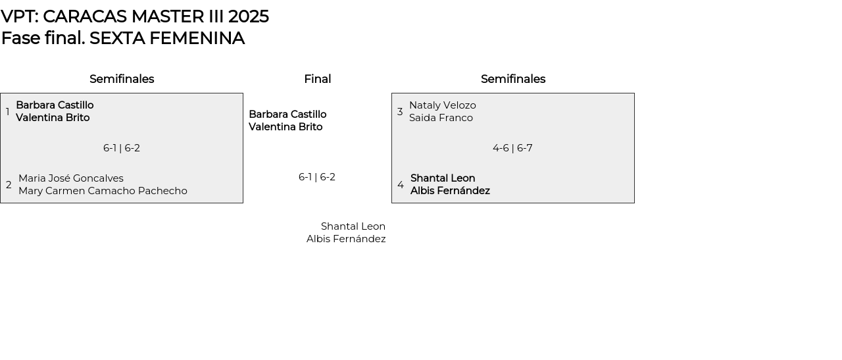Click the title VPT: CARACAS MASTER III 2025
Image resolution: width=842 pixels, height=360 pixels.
[x=135, y=16]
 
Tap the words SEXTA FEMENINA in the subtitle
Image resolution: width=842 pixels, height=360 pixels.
[x=167, y=38]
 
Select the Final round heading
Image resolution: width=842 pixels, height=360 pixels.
[x=317, y=79]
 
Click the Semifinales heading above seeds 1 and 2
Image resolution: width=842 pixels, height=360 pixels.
[x=122, y=79]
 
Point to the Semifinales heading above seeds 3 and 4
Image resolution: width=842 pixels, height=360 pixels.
[x=513, y=79]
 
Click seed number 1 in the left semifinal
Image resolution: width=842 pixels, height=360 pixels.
[x=8, y=112]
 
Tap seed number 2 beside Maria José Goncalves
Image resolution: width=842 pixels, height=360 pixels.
[x=9, y=185]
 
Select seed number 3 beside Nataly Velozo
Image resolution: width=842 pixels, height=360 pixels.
[x=400, y=112]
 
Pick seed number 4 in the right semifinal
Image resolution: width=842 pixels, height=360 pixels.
[x=401, y=185]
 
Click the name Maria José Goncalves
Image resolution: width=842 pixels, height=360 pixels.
[x=71, y=178]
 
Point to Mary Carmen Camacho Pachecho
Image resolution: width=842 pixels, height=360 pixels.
[x=103, y=191]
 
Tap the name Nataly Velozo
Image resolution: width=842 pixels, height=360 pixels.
[x=443, y=105]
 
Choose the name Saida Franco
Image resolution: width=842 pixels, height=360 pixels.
[x=441, y=118]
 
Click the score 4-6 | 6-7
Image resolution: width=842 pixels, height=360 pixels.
[x=512, y=148]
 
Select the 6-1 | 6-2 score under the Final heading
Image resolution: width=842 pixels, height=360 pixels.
[x=317, y=177]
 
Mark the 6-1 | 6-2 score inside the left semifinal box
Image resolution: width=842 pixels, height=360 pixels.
[x=122, y=148]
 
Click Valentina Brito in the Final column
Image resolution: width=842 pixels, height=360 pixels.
[x=285, y=127]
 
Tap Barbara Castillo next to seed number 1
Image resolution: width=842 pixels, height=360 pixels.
[x=55, y=105]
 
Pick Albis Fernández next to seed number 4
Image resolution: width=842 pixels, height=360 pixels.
[x=450, y=191]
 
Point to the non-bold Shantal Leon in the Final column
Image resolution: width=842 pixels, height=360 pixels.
[x=353, y=226]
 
